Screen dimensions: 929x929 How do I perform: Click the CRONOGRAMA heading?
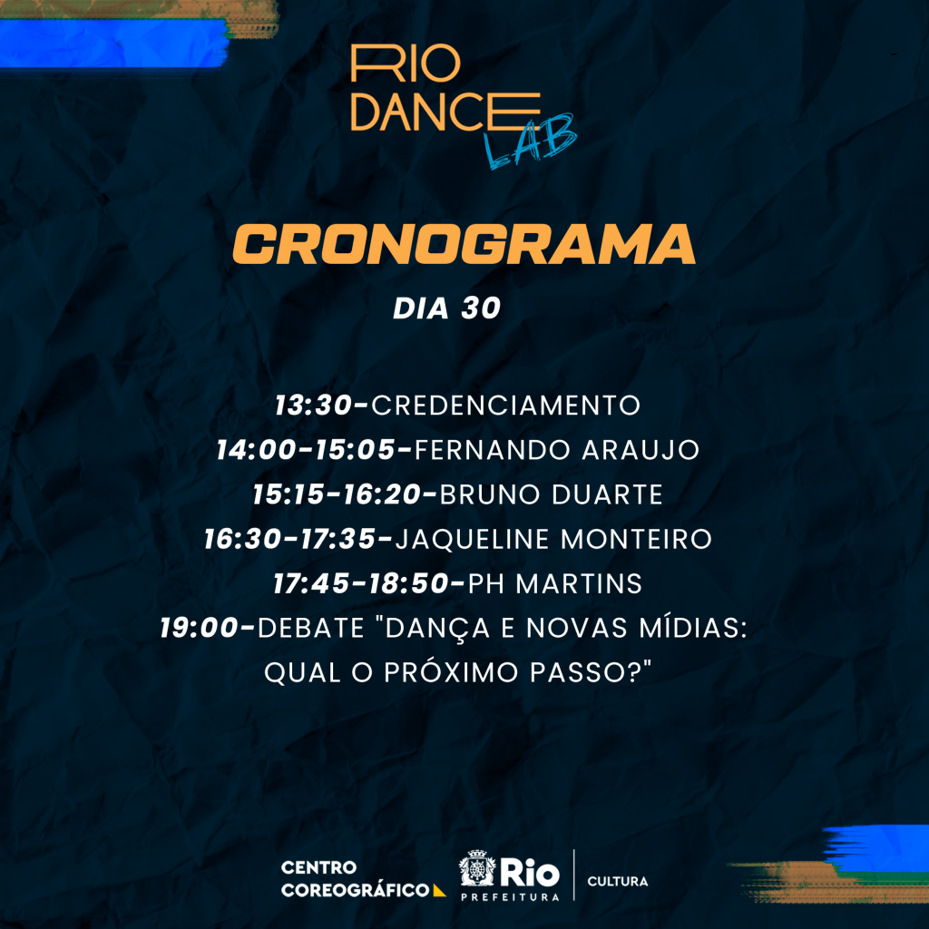tap(464, 244)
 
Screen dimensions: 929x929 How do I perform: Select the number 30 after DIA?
tap(481, 308)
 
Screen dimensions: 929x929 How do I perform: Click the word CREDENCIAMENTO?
tap(505, 406)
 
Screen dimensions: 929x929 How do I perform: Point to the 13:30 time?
tap(313, 406)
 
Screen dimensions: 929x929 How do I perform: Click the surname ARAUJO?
tap(641, 450)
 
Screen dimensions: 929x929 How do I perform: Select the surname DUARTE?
tap(607, 494)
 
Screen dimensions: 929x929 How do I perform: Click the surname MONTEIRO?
tap(636, 539)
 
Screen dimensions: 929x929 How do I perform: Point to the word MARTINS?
tap(579, 583)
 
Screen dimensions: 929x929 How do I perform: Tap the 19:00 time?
tap(199, 628)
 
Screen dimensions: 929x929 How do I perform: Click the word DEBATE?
tap(311, 628)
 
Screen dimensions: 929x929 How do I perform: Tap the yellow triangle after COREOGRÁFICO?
tap(438, 891)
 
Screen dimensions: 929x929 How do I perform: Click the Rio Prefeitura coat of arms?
tap(476, 869)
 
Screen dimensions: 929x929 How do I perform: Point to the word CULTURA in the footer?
tap(617, 882)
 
